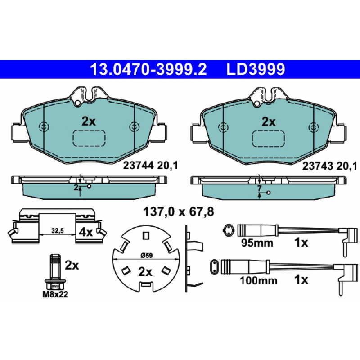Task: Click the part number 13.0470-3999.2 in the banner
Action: pyautogui.click(x=148, y=69)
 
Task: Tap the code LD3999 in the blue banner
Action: pyautogui.click(x=256, y=69)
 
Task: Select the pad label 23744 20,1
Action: pyautogui.click(x=150, y=166)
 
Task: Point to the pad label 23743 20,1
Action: pyautogui.click(x=330, y=166)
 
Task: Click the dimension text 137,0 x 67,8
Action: pyautogui.click(x=178, y=211)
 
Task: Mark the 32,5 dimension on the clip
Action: pyautogui.click(x=58, y=231)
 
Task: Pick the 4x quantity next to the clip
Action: pyautogui.click(x=85, y=233)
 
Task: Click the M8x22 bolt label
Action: pyautogui.click(x=55, y=294)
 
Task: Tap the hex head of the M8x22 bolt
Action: pyautogui.click(x=55, y=285)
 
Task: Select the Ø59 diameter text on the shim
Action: pyautogui.click(x=146, y=255)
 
